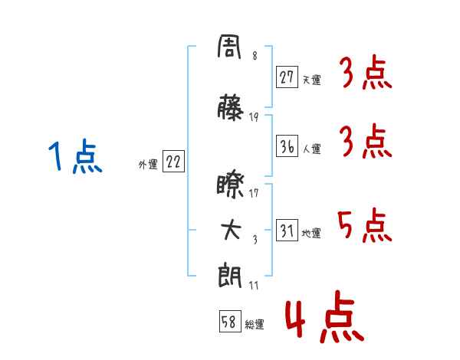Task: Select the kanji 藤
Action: point(230,107)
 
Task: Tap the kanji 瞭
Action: point(230,186)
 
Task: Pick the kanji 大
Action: point(231,230)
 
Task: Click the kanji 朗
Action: point(230,277)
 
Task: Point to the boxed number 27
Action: point(287,77)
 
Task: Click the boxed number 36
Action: point(287,146)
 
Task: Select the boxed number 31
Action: point(287,230)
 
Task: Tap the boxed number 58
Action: point(230,321)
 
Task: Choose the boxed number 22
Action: point(173,162)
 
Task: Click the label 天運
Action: point(312,80)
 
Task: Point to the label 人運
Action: point(312,149)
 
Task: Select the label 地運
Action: point(311,233)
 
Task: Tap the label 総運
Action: point(255,324)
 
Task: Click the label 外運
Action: point(148,165)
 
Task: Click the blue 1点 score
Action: point(75,156)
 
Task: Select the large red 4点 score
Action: point(325,316)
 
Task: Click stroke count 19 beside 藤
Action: point(254,117)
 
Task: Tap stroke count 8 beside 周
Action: point(255,56)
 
